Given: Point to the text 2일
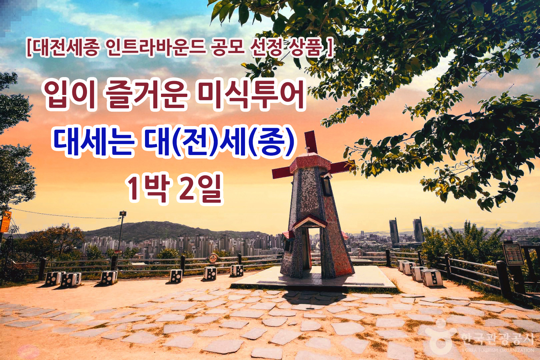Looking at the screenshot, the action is [x=200, y=188].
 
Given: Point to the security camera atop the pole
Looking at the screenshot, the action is [x=123, y=213].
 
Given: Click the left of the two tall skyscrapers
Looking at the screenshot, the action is [x=394, y=231].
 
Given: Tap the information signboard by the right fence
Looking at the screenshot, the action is [x=513, y=254].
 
